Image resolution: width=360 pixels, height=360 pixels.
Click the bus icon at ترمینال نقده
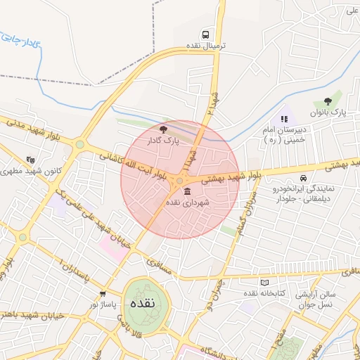point(205,34)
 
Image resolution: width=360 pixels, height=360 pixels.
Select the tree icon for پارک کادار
point(163,129)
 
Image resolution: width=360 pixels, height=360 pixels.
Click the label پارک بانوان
point(328,113)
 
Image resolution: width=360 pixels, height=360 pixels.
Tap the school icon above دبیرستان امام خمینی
point(284,119)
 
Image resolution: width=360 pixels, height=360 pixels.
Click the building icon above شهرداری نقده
point(186,191)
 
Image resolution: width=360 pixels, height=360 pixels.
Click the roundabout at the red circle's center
point(180,181)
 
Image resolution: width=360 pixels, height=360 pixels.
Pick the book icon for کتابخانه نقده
point(264,282)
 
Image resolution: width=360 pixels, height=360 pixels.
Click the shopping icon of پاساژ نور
point(103,294)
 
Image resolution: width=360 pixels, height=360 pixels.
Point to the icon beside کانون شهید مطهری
point(29,160)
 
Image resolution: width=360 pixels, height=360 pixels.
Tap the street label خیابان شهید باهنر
point(32,316)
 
